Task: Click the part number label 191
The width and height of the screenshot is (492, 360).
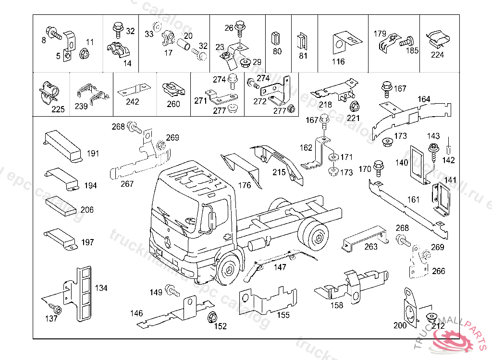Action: click(x=93, y=154)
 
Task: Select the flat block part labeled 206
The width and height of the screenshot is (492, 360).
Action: click(x=61, y=204)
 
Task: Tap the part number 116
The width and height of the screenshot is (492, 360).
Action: click(x=338, y=61)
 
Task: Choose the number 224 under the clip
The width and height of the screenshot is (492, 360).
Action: click(x=437, y=55)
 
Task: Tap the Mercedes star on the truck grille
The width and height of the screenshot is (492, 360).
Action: click(x=168, y=241)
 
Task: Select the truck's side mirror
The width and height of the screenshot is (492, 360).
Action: click(x=209, y=218)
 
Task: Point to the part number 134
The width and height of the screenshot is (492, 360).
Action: click(x=101, y=288)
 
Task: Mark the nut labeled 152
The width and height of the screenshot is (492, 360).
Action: click(x=211, y=318)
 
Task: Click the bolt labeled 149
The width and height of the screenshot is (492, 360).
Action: click(x=172, y=290)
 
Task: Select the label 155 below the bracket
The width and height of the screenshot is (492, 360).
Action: click(x=283, y=315)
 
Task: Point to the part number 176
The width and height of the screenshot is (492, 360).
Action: click(x=245, y=185)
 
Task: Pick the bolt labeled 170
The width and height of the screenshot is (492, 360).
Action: click(x=378, y=167)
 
